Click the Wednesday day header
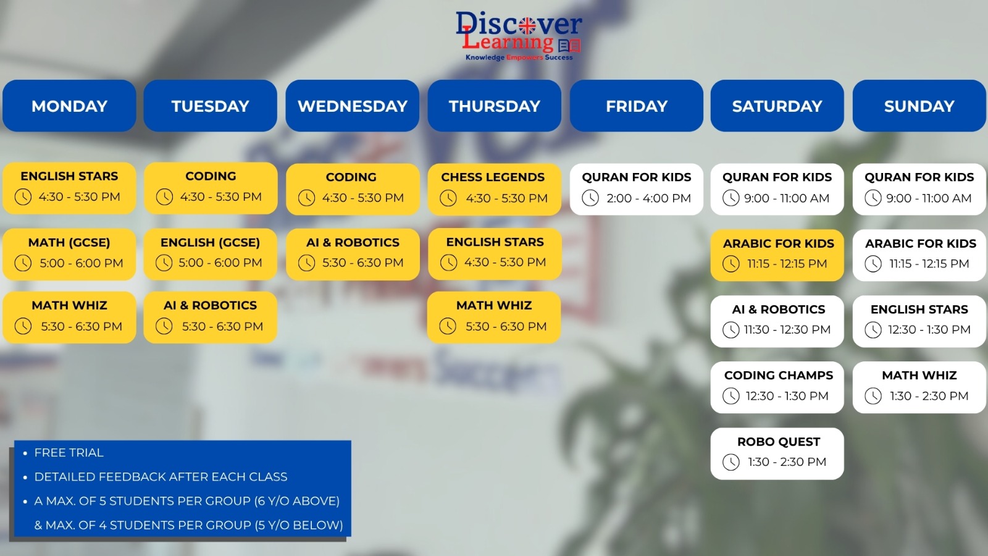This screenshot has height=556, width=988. click(x=352, y=106)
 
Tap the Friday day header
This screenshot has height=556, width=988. click(x=636, y=106)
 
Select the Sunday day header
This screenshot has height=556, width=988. click(x=919, y=106)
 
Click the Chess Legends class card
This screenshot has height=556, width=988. click(x=495, y=189)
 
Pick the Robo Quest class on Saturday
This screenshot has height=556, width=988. click(x=777, y=453)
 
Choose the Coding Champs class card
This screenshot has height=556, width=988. click(x=777, y=387)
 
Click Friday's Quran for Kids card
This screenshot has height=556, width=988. click(x=636, y=189)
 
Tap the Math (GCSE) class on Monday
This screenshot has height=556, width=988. click(x=69, y=254)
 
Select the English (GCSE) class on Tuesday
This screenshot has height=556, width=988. click(x=211, y=254)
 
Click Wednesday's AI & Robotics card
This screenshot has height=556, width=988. click(x=353, y=254)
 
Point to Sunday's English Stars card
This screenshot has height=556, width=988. click(x=919, y=321)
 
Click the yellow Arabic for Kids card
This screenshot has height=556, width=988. click(x=777, y=255)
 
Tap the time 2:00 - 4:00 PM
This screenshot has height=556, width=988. click(x=648, y=198)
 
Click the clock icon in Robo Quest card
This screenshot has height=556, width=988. click(x=731, y=462)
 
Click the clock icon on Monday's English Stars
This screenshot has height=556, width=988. click(x=23, y=197)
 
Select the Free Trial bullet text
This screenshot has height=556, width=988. click(x=69, y=453)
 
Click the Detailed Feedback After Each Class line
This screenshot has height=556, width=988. click(x=161, y=477)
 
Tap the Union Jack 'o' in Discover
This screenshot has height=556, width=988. click(x=527, y=26)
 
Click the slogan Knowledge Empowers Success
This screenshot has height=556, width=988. click(x=519, y=57)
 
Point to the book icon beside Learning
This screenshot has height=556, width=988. click(x=569, y=46)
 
